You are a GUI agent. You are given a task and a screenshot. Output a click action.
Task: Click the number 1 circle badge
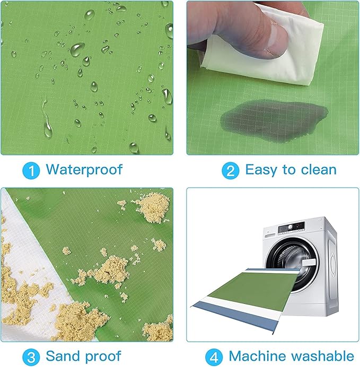31,170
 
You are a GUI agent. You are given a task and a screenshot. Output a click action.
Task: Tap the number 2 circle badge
231,170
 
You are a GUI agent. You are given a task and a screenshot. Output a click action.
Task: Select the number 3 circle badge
31,357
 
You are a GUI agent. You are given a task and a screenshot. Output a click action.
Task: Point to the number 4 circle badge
214,357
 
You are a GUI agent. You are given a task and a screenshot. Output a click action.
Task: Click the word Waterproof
84,170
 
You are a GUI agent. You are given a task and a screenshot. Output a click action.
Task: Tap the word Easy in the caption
261,170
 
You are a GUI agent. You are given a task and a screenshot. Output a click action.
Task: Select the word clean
319,170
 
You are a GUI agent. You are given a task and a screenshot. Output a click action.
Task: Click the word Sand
62,356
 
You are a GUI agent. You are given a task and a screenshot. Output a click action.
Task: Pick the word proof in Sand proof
103,357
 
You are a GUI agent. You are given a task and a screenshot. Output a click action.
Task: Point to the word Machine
259,356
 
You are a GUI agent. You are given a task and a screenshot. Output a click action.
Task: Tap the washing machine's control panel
291,228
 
